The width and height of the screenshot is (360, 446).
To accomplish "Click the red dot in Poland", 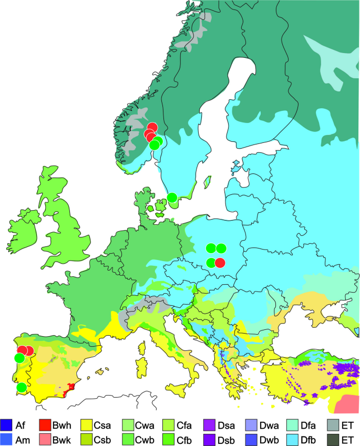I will click(x=220, y=263).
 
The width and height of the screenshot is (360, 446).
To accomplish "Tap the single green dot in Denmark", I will click(x=172, y=198).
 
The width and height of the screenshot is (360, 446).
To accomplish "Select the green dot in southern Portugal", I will click(x=21, y=387).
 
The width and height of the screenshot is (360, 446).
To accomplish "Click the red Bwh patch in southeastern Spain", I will click(x=68, y=389).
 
